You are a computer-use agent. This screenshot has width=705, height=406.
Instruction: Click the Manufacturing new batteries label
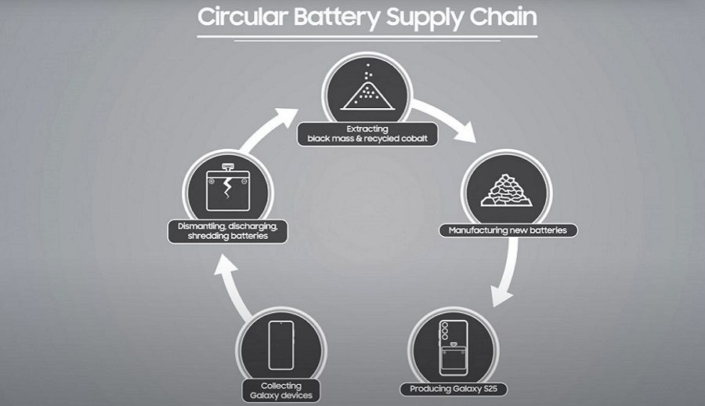point(508,230)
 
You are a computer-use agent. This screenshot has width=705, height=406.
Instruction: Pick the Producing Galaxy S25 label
point(449,389)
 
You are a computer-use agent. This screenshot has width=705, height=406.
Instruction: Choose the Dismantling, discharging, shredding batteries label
point(228,231)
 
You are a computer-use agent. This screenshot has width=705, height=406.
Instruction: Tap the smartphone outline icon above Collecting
point(280,345)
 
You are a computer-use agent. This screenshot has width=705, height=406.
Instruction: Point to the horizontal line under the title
point(367,36)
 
